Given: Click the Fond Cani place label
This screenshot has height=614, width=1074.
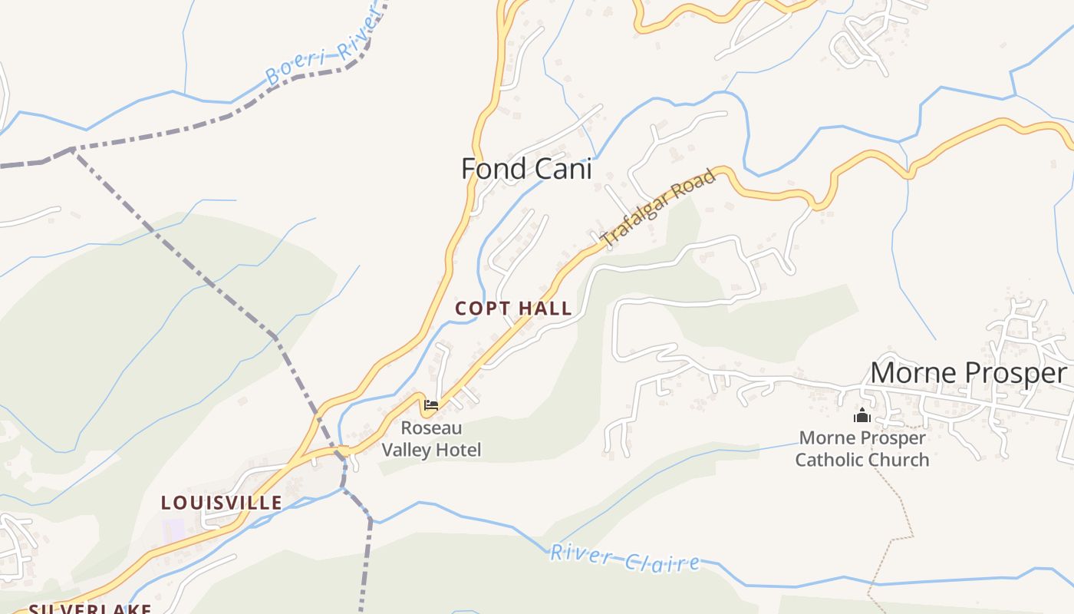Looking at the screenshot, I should pos(526,169).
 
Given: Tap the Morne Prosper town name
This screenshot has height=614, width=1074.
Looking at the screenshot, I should pos(967,373).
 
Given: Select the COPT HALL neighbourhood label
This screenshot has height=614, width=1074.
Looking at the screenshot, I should pos(513,309).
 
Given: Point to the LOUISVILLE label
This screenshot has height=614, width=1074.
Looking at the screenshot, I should pos(221,503).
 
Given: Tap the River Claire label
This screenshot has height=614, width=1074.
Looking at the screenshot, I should pos(624,558).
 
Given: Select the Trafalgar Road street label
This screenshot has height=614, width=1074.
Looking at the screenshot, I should pos(659,208).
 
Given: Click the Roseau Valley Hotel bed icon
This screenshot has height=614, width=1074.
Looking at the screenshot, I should pos(431,404).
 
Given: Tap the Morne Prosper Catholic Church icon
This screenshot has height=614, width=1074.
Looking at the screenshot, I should pos(862,415).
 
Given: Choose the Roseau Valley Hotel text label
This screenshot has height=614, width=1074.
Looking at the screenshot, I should pos(431,439).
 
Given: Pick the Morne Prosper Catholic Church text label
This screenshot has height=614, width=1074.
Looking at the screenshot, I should pos(862,449).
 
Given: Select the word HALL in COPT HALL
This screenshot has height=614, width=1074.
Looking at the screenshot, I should pos(545,309).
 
